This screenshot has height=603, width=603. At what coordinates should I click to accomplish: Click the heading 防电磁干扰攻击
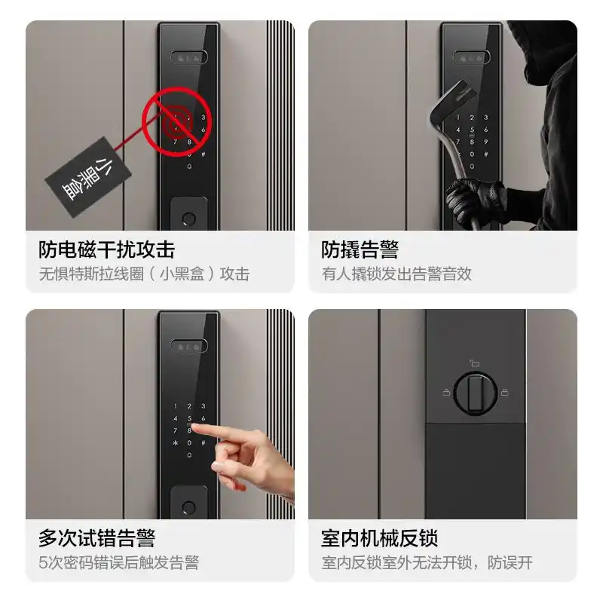coord(106,249)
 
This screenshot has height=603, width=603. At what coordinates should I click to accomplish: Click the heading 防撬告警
coord(360,249)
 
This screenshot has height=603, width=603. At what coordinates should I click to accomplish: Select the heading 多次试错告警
coord(96,538)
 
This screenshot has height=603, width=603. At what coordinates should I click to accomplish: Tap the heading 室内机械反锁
coord(379,538)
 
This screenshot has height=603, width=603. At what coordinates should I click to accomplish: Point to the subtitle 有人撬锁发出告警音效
coord(396,274)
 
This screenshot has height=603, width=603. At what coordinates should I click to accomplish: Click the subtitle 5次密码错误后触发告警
coord(118,562)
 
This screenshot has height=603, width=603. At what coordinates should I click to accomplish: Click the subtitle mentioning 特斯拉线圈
coord(143,274)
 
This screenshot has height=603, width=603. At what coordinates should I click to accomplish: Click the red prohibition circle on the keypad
coord(176,121)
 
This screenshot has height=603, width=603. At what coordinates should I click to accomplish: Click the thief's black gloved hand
coord(471,200)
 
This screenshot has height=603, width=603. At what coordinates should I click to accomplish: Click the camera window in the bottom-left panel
coord(188,347)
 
